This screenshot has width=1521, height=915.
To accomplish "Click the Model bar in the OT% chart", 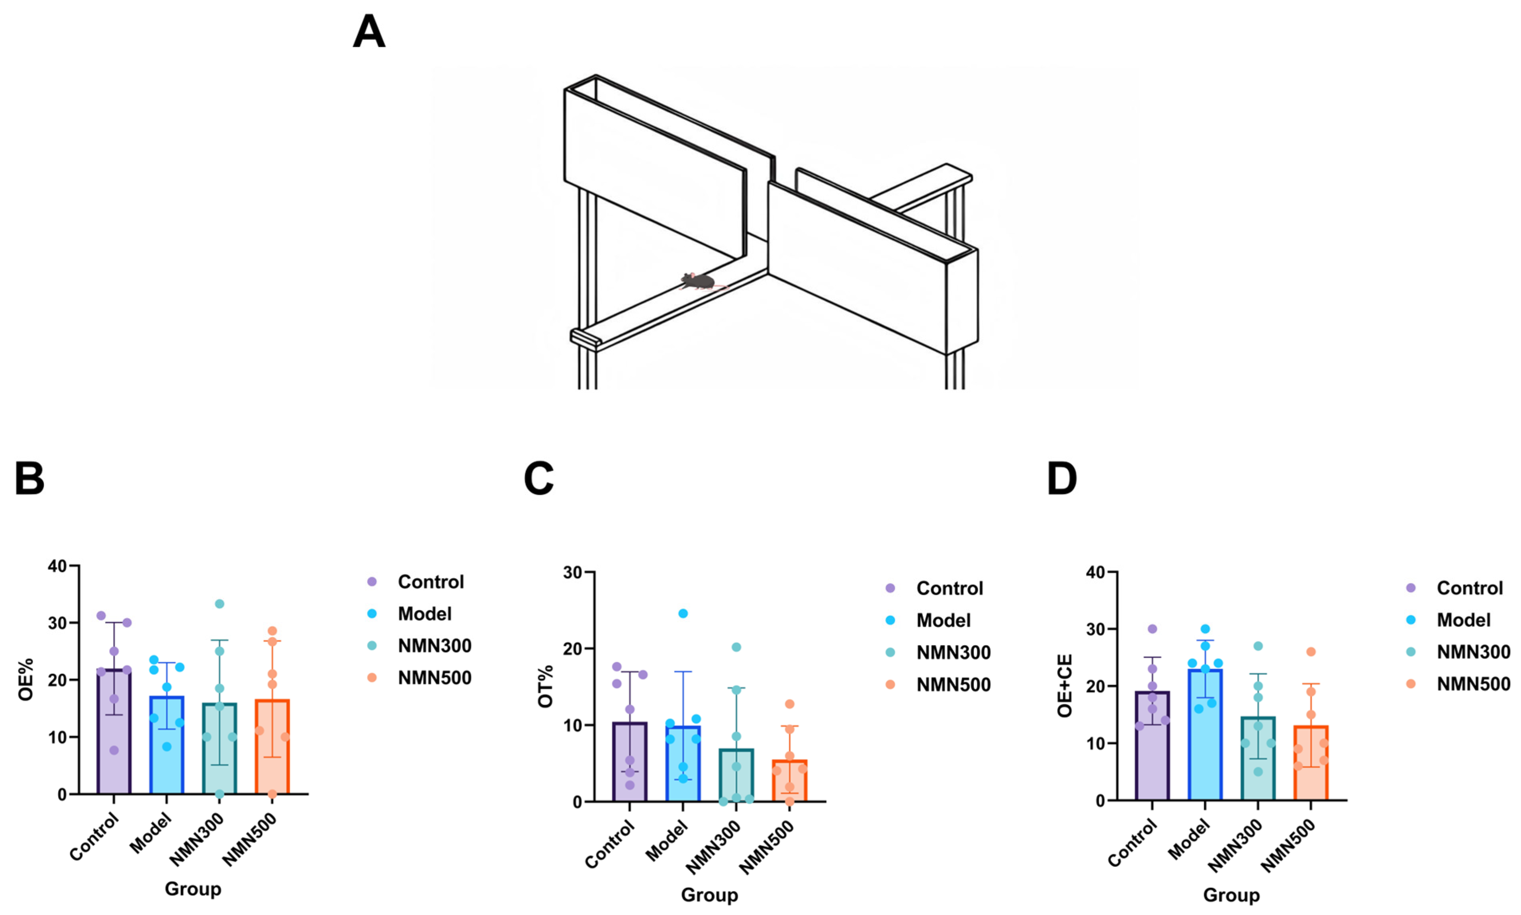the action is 683,763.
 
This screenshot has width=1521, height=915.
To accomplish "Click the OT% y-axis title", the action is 546,686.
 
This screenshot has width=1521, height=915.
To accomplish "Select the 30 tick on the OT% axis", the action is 573,572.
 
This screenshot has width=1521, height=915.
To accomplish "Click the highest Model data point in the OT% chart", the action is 683,613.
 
